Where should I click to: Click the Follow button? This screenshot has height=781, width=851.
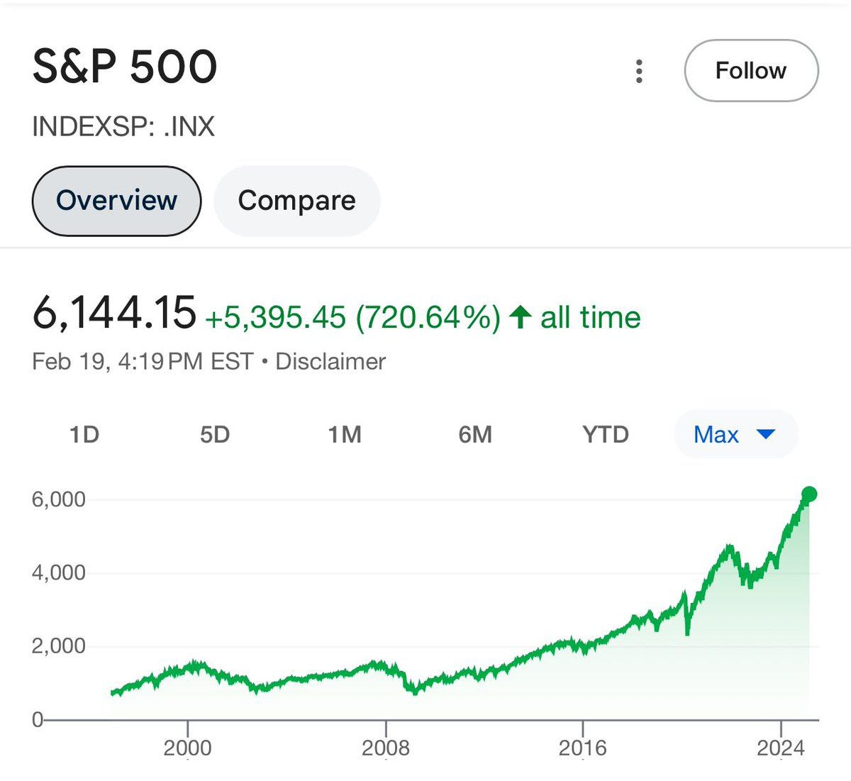pyautogui.click(x=751, y=71)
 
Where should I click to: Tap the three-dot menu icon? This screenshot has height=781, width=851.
pyautogui.click(x=640, y=71)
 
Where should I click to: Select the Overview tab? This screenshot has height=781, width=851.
pyautogui.click(x=116, y=201)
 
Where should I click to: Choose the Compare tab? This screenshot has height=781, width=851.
pyautogui.click(x=296, y=201)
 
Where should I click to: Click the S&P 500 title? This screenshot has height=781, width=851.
pyautogui.click(x=125, y=67)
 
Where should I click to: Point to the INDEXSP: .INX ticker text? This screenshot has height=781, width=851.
pyautogui.click(x=123, y=127)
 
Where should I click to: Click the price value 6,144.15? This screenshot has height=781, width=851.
pyautogui.click(x=114, y=313)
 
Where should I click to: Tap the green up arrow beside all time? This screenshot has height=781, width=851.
pyautogui.click(x=521, y=316)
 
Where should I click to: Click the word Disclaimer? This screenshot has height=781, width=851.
pyautogui.click(x=330, y=362)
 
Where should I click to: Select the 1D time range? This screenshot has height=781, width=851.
pyautogui.click(x=84, y=434)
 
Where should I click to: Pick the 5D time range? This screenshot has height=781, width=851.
pyautogui.click(x=214, y=434)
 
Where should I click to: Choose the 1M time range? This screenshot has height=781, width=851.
pyautogui.click(x=345, y=434)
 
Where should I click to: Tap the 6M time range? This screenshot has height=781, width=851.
pyautogui.click(x=475, y=434)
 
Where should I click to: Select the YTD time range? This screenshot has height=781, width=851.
pyautogui.click(x=606, y=434)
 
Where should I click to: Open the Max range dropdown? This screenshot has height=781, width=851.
pyautogui.click(x=735, y=434)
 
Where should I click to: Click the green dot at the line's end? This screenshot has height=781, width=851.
pyautogui.click(x=809, y=494)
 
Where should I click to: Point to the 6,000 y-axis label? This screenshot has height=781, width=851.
pyautogui.click(x=58, y=499)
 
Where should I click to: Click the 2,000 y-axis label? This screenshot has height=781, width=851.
pyautogui.click(x=58, y=646)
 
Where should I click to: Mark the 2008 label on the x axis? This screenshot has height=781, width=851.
pyautogui.click(x=386, y=748)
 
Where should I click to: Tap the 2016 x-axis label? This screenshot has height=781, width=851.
pyautogui.click(x=583, y=748)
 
